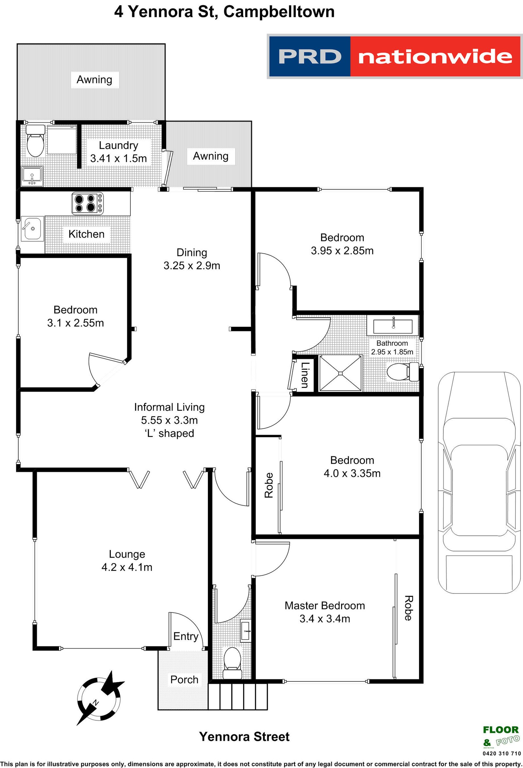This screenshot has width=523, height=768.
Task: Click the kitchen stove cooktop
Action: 87,203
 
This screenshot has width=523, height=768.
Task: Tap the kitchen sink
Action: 32,228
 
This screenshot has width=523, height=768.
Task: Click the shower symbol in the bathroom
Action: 340,373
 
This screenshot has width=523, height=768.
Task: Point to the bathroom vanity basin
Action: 393,326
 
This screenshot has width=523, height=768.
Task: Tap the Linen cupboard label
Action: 304,375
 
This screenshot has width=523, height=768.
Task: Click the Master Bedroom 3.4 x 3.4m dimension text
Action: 325,618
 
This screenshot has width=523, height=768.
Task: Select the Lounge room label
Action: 127,554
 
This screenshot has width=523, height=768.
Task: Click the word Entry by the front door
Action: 185,636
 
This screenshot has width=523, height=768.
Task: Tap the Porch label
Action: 184,679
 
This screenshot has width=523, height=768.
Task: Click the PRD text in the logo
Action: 310,57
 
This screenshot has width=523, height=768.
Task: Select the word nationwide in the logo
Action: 435,57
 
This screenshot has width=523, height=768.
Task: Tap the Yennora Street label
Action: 244,736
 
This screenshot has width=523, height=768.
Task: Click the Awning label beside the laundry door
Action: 211,156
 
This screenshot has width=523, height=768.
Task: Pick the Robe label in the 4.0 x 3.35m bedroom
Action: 269,485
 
